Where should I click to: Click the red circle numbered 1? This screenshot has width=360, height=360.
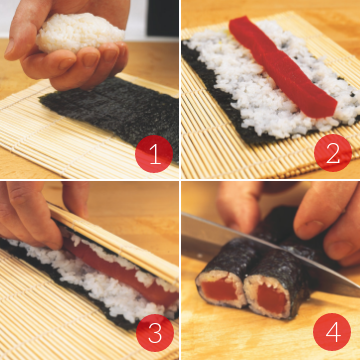tap(154, 154)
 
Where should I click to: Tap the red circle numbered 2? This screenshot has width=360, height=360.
tap(333, 153)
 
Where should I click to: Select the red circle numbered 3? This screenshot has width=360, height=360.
tap(155, 333)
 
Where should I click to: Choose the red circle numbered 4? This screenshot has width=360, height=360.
tap(332, 332)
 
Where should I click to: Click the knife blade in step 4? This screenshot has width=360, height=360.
tap(267, 247)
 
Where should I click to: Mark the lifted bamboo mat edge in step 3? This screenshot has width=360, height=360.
tap(113, 241)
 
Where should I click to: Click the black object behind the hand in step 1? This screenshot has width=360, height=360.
tap(163, 18)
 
